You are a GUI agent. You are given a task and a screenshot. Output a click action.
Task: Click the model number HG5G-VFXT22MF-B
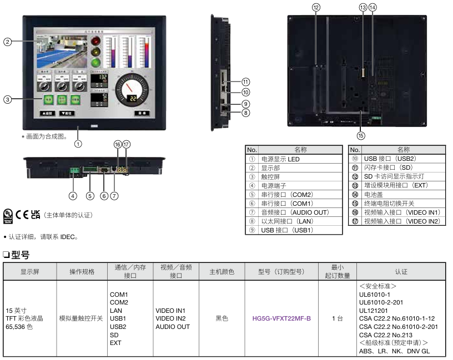coord(281,318)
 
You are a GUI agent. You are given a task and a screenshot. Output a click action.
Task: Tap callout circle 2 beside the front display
coord(8,42)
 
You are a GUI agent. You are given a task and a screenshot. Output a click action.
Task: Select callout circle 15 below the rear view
coord(361,135)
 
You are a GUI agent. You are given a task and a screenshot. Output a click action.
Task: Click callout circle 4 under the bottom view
coord(73,195)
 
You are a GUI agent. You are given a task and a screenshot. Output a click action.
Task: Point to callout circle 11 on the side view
coord(245,82)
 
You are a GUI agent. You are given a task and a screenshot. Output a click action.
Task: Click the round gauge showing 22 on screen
coord(133,90)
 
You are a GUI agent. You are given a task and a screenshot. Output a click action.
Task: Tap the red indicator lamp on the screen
coord(96,42)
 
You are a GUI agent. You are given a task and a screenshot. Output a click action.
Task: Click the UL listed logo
coord(8,215)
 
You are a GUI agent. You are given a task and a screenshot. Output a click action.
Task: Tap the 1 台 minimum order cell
coord(337,318)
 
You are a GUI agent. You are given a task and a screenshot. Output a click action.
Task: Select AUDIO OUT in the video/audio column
coord(173,327)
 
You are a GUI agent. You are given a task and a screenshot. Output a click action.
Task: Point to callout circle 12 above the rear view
coord(316,7)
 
